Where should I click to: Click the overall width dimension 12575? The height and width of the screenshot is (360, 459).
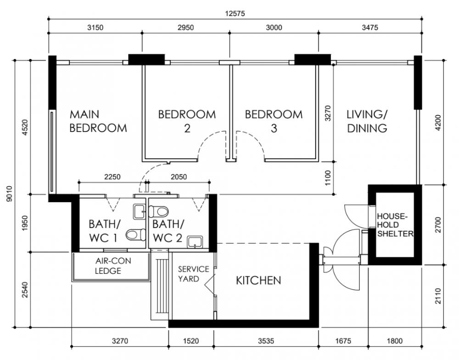(x=235, y=14)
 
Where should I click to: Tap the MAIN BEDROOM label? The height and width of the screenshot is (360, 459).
(x=98, y=121)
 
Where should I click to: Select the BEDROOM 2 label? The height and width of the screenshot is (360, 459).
(x=187, y=121)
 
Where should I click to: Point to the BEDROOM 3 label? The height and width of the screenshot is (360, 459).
(x=274, y=121)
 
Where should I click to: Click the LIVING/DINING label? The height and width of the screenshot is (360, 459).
(x=367, y=121)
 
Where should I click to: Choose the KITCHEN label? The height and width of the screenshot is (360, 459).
(x=258, y=281)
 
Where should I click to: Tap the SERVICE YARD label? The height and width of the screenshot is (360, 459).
(x=194, y=274)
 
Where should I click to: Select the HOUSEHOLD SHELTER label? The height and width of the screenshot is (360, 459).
(x=395, y=225)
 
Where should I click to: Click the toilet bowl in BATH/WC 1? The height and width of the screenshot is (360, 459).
(x=136, y=234)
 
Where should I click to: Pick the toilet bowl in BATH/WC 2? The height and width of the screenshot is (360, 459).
(x=159, y=211)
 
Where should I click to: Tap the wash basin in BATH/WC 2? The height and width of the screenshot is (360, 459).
(x=195, y=242)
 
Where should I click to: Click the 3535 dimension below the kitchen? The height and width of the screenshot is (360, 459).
(x=266, y=341)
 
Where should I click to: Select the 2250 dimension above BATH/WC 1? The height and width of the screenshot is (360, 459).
(x=112, y=177)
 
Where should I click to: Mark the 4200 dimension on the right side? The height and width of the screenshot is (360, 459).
(x=438, y=123)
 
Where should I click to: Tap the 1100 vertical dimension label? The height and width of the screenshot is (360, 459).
(x=328, y=178)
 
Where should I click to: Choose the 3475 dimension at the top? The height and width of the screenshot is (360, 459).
(x=370, y=28)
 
